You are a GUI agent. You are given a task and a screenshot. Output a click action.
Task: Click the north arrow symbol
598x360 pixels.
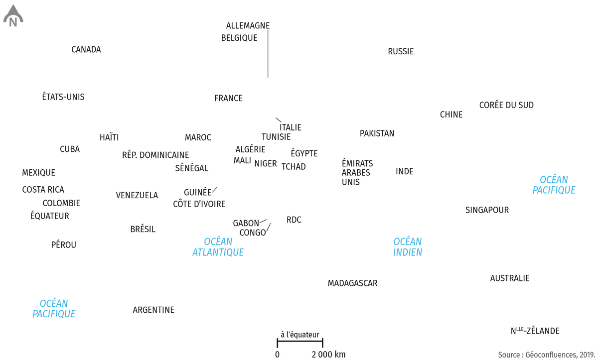(x=13, y=16)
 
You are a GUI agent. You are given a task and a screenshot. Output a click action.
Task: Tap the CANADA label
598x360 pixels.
(x=86, y=50)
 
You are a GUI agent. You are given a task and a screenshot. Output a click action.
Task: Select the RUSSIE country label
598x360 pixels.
(x=401, y=51)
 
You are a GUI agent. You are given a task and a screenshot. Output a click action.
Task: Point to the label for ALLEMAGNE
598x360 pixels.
(x=248, y=25)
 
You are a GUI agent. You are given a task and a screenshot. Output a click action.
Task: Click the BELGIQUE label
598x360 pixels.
(x=239, y=38)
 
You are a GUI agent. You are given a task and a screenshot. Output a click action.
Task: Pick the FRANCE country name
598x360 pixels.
(x=228, y=98)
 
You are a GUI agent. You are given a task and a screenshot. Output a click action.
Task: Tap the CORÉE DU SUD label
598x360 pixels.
(x=506, y=105)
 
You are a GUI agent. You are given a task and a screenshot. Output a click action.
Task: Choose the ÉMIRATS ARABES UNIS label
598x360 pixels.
(x=357, y=173)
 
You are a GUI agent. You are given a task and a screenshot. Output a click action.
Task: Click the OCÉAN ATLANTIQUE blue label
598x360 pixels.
(x=218, y=247)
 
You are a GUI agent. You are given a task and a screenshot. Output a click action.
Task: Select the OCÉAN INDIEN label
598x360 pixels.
(x=408, y=247)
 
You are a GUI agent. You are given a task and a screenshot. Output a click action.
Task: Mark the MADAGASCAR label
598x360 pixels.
(x=352, y=283)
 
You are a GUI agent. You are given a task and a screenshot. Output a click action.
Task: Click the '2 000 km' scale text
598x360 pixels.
(x=328, y=355)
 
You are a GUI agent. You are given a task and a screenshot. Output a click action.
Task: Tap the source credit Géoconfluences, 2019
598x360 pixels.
(x=547, y=355)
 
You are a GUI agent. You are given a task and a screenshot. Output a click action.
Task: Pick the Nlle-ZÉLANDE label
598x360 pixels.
(x=535, y=331)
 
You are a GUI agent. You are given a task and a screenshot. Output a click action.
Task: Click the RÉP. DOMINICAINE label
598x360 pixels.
(x=155, y=155)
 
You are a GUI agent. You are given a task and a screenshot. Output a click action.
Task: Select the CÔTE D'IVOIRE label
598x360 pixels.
(x=199, y=204)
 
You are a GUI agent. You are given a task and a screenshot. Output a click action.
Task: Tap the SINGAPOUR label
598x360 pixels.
(x=487, y=210)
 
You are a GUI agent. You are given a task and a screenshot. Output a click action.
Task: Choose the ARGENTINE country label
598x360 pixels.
(x=153, y=310)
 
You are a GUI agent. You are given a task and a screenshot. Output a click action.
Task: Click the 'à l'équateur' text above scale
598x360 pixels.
(x=300, y=335)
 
